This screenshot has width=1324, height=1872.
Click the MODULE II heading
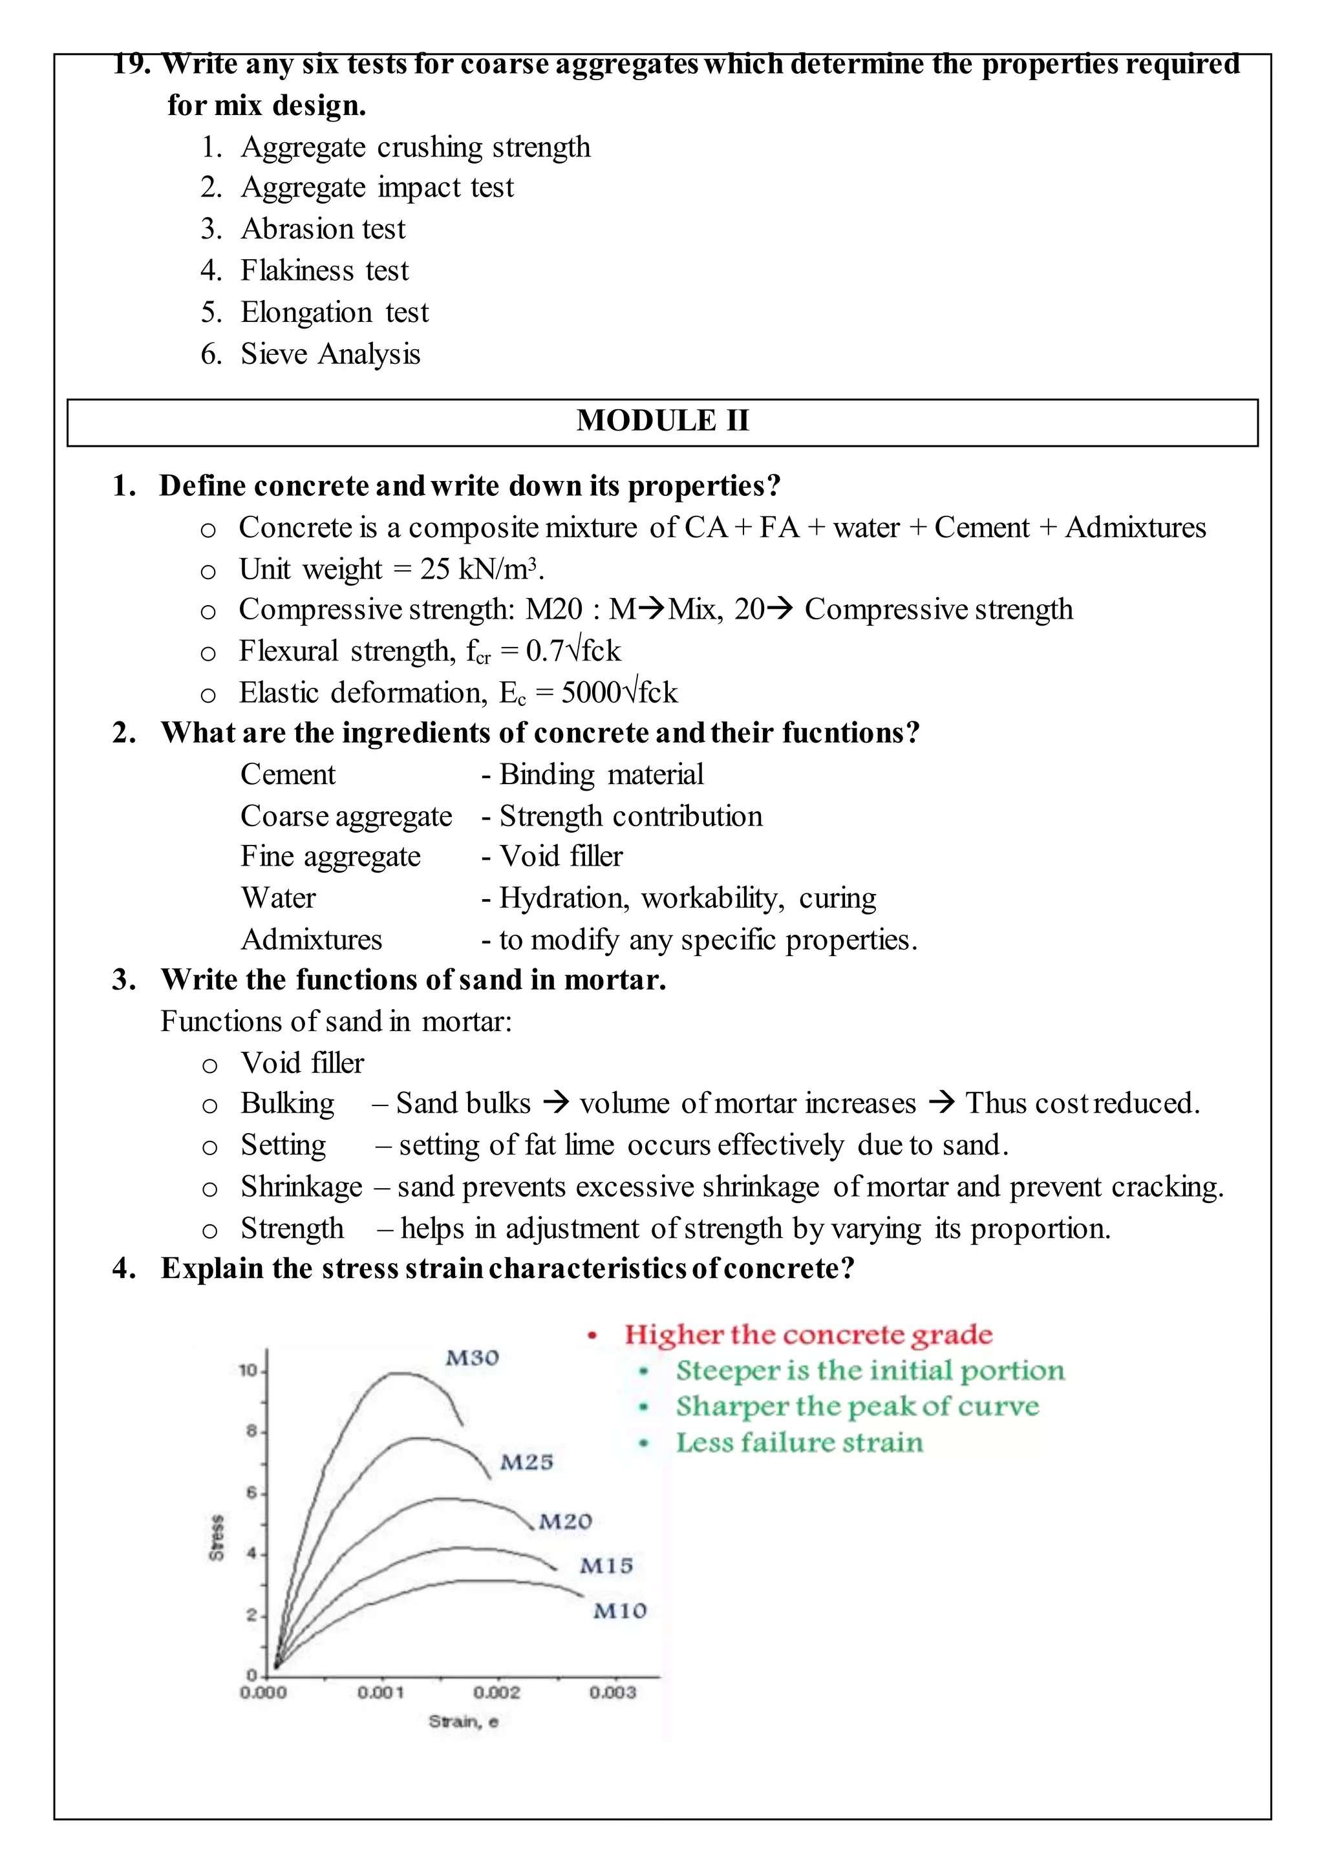point(662,421)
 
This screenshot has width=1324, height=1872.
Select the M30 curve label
point(472,1358)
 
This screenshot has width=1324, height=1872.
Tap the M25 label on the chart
point(526,1462)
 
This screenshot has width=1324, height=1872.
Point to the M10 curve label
point(619,1611)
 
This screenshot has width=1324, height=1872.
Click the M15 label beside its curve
point(606,1566)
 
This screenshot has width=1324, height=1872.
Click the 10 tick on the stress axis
point(248,1370)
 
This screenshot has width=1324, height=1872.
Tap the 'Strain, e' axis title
point(463,1721)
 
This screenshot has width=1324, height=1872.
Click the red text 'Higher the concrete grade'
point(808,1335)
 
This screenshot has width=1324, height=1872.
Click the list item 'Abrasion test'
point(323,229)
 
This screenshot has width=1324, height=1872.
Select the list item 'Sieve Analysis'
point(330,354)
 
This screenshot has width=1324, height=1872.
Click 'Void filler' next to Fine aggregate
point(561,856)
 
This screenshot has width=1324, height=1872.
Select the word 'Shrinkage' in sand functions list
point(301,1187)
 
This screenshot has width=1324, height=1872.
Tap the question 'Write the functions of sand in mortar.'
point(413,979)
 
